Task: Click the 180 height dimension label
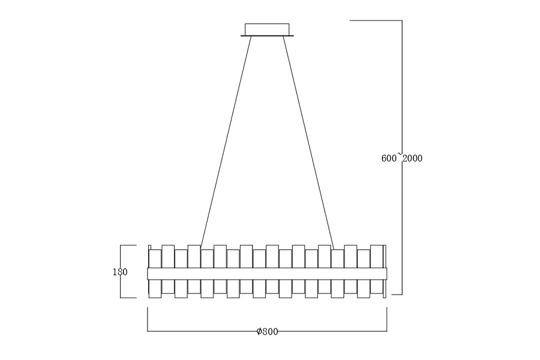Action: click(x=120, y=272)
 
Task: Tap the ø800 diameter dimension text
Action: click(x=267, y=331)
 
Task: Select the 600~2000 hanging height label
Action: click(x=402, y=158)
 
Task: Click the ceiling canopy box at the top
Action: click(x=267, y=29)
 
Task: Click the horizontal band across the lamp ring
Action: click(x=267, y=274)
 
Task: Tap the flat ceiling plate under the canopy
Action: click(x=267, y=35)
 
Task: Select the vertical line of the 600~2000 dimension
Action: click(x=402, y=157)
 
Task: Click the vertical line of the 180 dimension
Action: click(x=121, y=271)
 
